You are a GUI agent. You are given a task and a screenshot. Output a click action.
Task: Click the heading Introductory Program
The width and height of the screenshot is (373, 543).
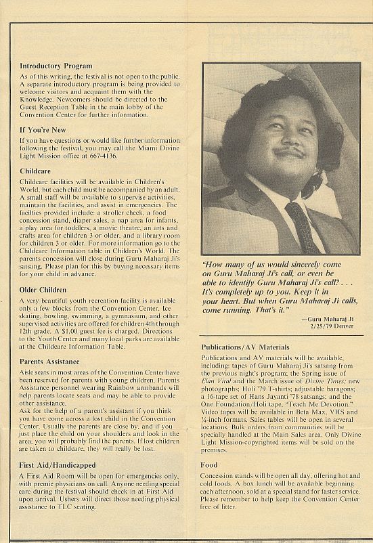(x=56, y=66)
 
